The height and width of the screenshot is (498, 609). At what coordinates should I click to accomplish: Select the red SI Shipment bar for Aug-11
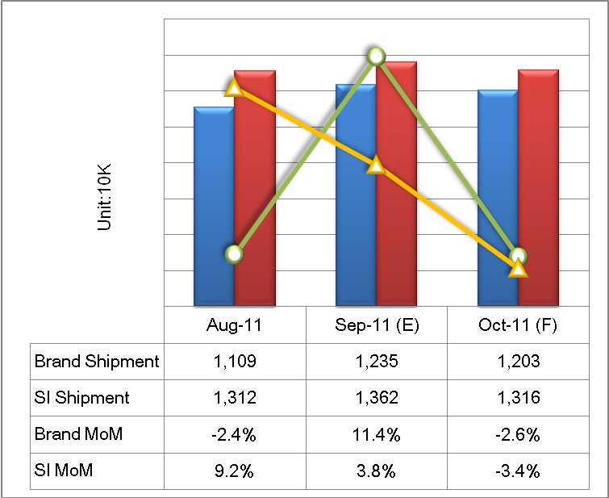coord(255,194)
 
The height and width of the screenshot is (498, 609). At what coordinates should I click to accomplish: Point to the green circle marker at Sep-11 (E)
coord(376,56)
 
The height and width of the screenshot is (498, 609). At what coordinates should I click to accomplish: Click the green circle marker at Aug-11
coord(234,254)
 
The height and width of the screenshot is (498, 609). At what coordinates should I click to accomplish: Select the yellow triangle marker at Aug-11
coord(233,87)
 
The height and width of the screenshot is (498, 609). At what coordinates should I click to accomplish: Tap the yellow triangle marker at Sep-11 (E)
coord(376,165)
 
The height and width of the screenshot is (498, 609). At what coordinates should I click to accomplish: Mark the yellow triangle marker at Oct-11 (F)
coord(519,268)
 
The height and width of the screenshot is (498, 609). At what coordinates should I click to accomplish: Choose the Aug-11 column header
coord(235,326)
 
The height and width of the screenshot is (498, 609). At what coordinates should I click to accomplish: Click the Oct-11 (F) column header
coord(519,326)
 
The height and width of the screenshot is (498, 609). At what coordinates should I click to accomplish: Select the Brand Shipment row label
coord(97,362)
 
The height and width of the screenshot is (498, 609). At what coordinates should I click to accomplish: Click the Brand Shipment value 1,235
coord(377,362)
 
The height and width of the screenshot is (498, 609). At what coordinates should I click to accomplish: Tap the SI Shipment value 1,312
coord(235,398)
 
